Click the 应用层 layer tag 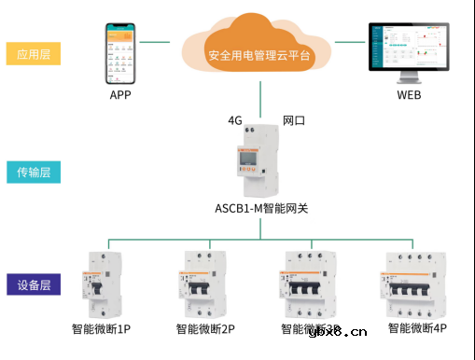(33, 53)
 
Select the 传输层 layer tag (33, 172)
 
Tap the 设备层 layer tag (33, 284)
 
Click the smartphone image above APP (119, 52)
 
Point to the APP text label (119, 96)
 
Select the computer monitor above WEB (410, 52)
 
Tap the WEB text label (409, 96)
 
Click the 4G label (236, 121)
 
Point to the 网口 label (295, 121)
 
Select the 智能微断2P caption (205, 329)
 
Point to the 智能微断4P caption (417, 329)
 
